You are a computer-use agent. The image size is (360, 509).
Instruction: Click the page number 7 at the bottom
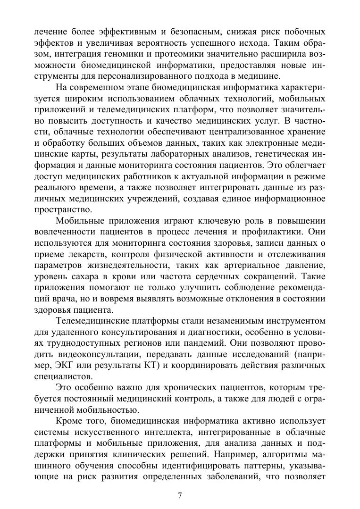tap(180, 495)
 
